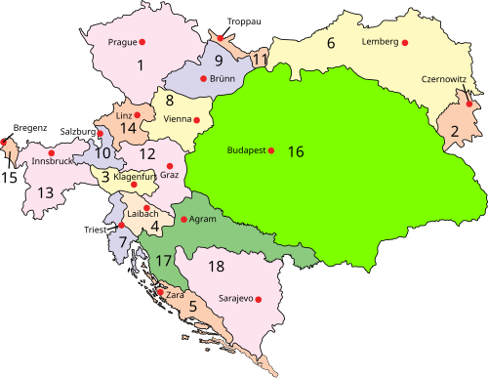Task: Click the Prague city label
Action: point(122,42)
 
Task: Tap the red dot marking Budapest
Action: point(271,150)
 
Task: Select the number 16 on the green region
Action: point(296,151)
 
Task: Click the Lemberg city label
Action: point(379,42)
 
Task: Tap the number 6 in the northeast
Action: point(331,42)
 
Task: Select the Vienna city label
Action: point(177,119)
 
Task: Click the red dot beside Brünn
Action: point(203,78)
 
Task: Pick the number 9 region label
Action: point(220,60)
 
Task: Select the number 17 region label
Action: point(163,261)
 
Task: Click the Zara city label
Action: point(176,294)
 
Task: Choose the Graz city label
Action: point(169,175)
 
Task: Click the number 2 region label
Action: point(455,131)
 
